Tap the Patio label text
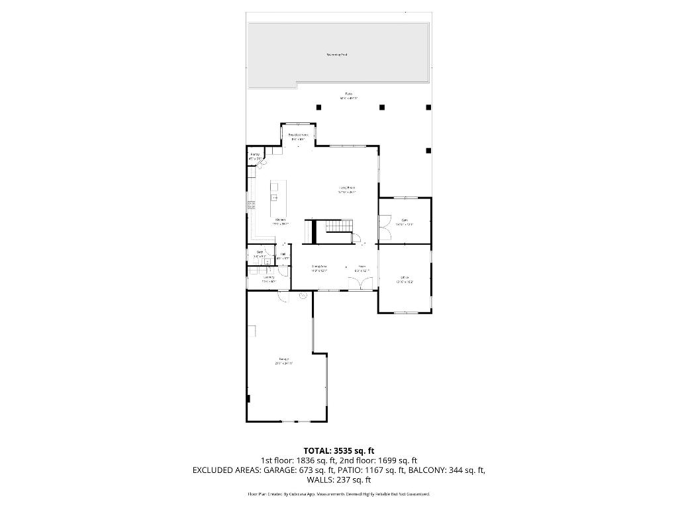348,94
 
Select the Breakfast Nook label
298,135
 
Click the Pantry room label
255,155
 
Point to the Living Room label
347,189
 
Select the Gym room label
404,220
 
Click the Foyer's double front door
360,283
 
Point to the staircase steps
338,227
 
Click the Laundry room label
268,278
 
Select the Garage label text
283,360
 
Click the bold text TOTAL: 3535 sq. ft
338,450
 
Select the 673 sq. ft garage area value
320,470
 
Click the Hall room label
283,255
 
